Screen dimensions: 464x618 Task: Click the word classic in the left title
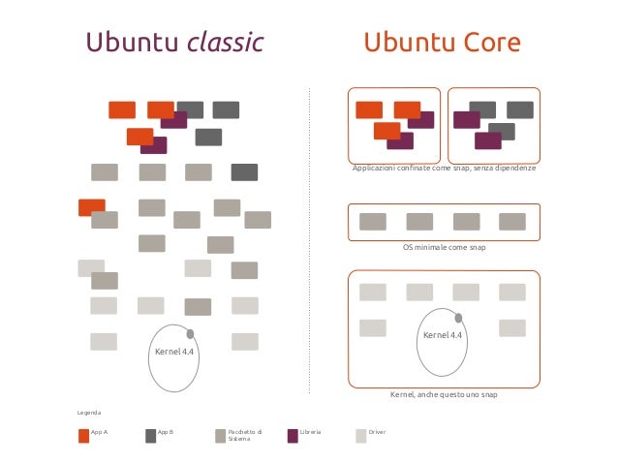226,44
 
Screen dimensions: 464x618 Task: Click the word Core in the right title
488,44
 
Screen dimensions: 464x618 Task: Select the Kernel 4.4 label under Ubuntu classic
174,352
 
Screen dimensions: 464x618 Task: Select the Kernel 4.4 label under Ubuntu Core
443,335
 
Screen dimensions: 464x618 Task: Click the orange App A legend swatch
83,435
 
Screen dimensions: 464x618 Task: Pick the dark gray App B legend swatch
150,435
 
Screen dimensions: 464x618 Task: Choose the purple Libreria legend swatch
293,435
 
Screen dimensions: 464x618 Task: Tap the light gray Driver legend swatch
361,435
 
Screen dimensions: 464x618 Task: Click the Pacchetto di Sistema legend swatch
221,435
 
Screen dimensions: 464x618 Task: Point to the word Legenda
90,413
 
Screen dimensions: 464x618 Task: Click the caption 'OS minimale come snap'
443,248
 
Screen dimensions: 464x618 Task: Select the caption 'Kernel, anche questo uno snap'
443,395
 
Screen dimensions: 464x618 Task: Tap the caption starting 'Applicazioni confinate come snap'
443,169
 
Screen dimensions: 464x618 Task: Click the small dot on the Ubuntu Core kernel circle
459,317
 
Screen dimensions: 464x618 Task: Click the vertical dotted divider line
309,242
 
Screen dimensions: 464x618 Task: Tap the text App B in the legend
165,430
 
